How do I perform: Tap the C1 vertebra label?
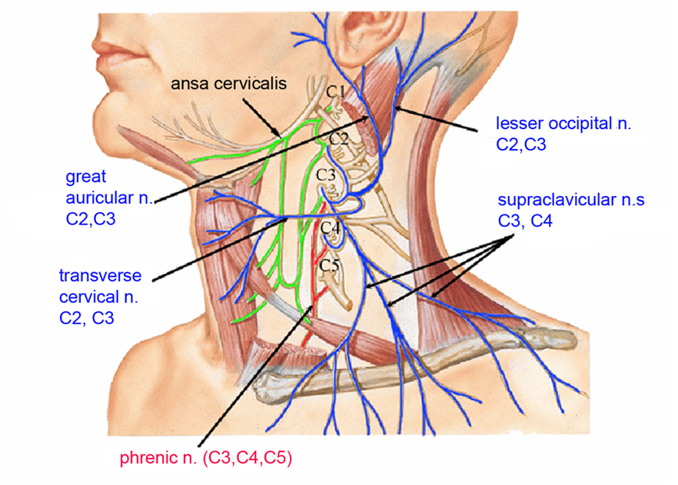tap(335, 92)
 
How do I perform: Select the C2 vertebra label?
tap(339, 139)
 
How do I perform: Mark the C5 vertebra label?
tap(330, 266)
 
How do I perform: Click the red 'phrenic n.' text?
tap(155, 459)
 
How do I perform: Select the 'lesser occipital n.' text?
tap(563, 123)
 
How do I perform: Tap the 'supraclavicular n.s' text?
tap(570, 201)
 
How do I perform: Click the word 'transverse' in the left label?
tap(96, 275)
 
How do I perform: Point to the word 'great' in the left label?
tap(86, 177)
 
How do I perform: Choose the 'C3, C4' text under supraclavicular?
tap(525, 222)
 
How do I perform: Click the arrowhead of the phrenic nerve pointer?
tap(314, 306)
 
